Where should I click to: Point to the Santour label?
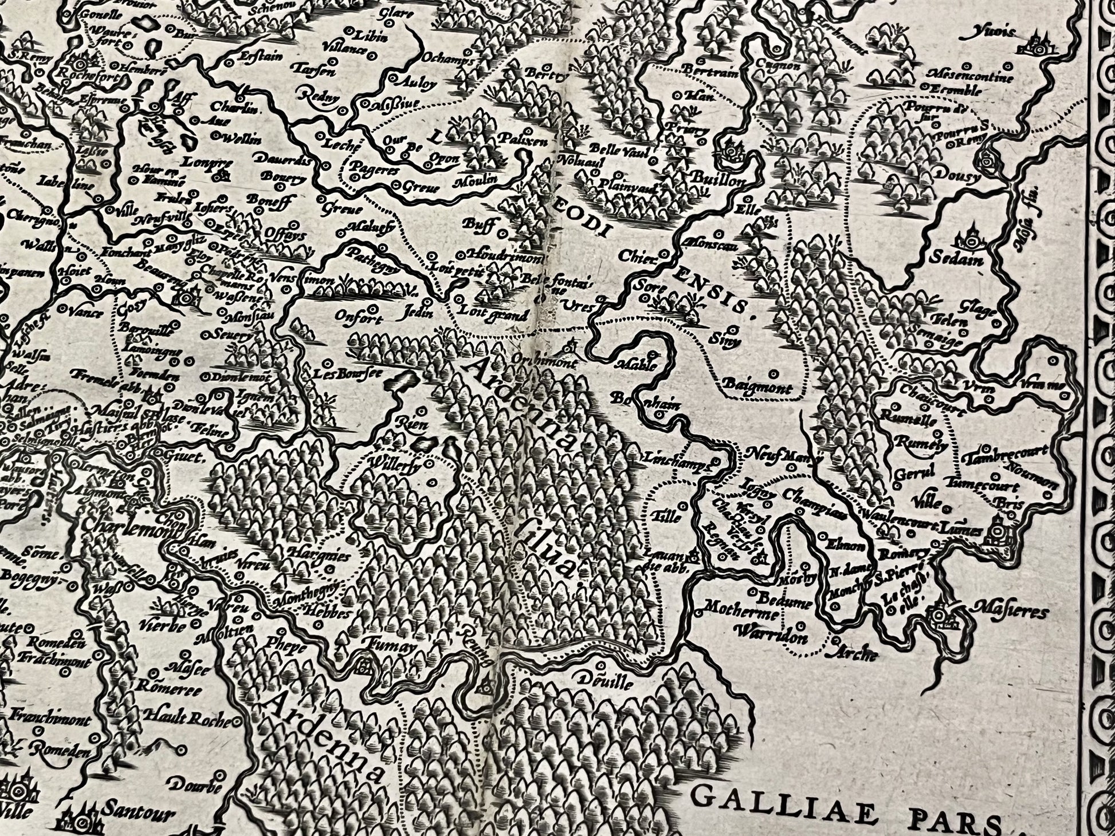(x=131, y=812)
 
